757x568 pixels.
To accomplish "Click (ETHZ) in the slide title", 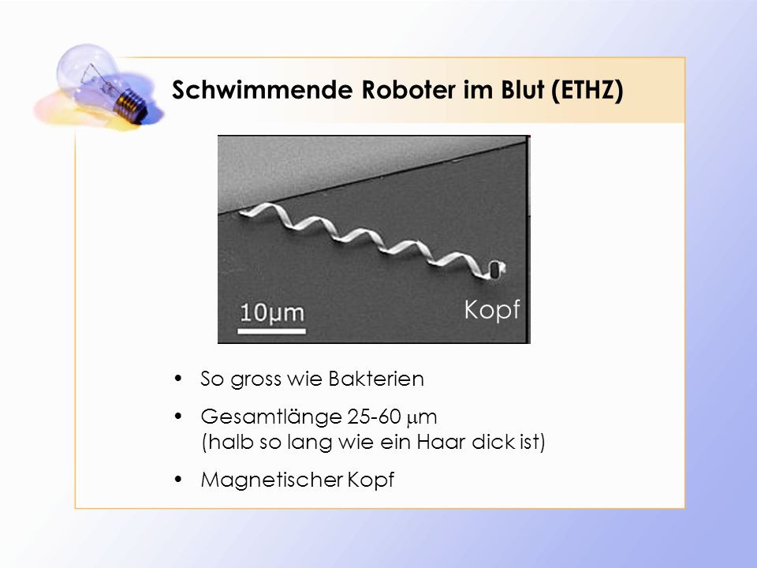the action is click(587, 90).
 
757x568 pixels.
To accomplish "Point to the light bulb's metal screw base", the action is click(132, 105).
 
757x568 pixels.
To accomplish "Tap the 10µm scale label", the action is click(272, 312).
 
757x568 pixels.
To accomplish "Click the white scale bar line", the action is click(272, 331).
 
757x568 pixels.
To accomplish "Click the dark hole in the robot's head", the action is click(495, 270).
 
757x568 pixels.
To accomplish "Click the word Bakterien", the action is click(376, 379).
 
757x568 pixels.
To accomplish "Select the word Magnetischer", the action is click(272, 480).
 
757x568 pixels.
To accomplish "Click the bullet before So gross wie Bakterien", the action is click(178, 378).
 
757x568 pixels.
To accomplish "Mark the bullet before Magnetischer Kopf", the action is click(178, 479).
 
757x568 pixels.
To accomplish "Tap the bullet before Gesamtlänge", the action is click(178, 416).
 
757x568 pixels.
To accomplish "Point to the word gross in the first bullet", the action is click(255, 380).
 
